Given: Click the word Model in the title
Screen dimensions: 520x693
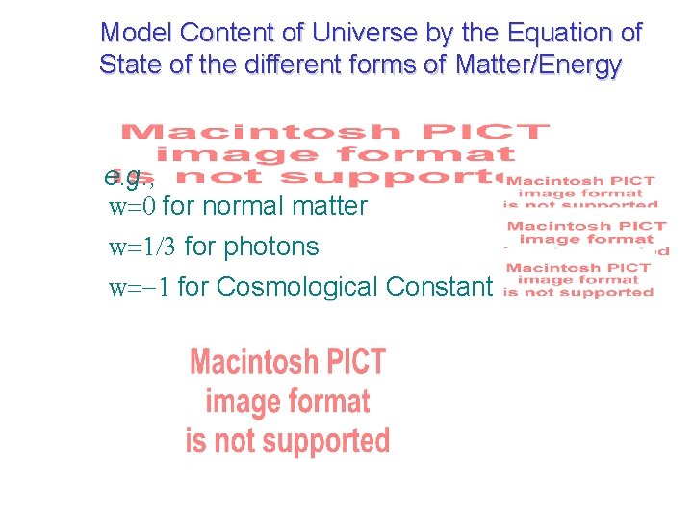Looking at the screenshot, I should (132, 33).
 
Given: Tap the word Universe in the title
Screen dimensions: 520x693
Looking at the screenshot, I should (336, 33).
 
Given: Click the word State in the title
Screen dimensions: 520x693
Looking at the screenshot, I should (128, 66).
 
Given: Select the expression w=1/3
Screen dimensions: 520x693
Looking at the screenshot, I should (142, 247).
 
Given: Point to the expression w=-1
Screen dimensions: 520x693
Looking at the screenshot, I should (141, 287).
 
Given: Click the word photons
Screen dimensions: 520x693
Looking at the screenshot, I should (270, 247).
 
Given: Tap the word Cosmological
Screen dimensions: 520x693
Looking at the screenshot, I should (297, 287).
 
